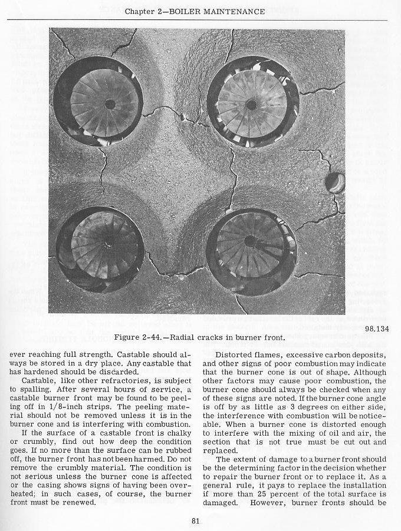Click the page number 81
[197, 520]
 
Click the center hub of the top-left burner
[110, 104]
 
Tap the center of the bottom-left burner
[107, 242]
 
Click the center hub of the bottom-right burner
[250, 241]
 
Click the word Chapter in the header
[158, 12]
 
